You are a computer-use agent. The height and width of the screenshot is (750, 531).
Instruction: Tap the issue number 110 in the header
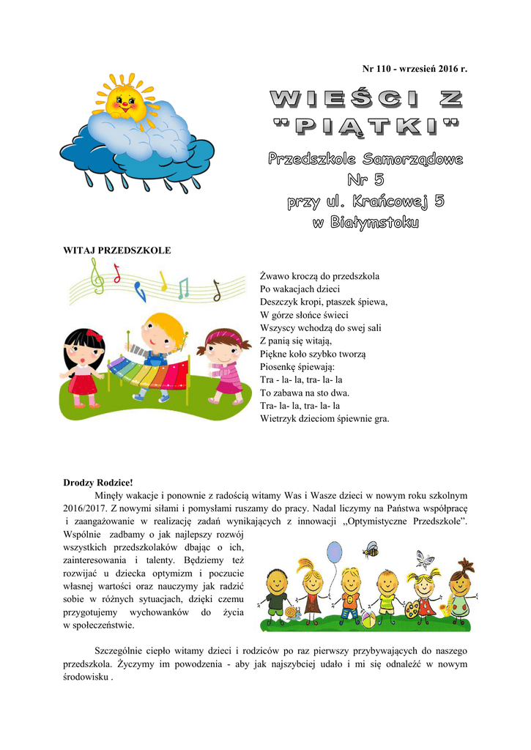point(391,69)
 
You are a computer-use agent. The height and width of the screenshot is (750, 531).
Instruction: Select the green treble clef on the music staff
point(95,278)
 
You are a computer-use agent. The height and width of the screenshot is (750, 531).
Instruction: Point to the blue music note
point(141,292)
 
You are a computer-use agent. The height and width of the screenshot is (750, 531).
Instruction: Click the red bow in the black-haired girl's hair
point(93,334)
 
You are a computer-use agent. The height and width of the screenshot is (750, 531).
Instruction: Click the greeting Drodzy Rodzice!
point(98,483)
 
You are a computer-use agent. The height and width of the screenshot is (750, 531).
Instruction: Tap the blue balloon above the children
point(335,551)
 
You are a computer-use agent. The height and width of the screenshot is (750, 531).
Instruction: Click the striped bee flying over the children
point(371,549)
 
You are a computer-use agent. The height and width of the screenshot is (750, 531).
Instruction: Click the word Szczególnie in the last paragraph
point(121,650)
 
